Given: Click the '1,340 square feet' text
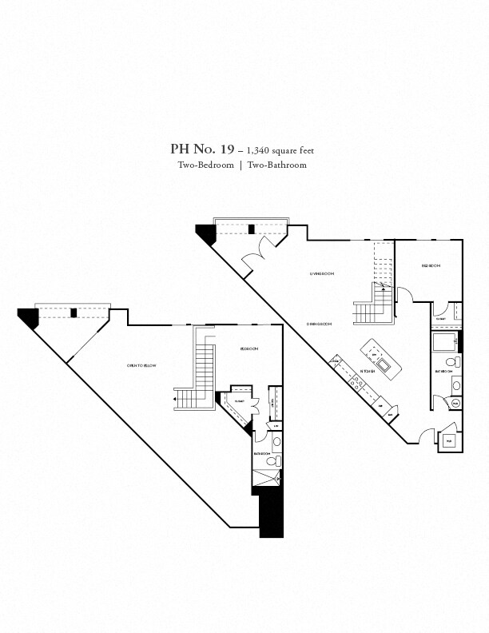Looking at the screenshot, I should (276, 149).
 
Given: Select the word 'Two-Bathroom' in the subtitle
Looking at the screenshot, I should (276, 165).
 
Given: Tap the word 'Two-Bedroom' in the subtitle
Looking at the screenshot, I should (205, 165).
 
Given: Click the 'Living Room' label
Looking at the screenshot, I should (322, 273).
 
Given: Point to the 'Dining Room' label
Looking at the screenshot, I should (319, 323).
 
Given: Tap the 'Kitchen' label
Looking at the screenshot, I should (368, 372).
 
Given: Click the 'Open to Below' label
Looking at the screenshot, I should (141, 365).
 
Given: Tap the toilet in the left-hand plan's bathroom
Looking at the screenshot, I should (272, 462).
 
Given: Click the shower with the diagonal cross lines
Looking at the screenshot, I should (268, 479).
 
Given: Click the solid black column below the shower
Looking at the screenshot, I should (272, 512).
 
